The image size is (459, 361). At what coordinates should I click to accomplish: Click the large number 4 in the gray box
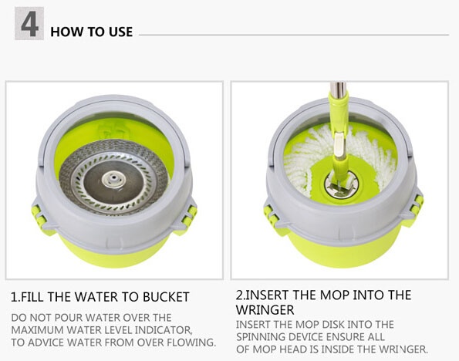coord(29,25)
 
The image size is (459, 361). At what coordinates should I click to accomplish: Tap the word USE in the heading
coord(120,32)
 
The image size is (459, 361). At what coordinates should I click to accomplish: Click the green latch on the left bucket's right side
coord(189,215)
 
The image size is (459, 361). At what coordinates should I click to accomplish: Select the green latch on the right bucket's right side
coord(417,204)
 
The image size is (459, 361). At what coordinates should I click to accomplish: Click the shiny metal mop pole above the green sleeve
coord(339,88)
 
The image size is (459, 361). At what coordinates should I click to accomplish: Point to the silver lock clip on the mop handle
coord(340,145)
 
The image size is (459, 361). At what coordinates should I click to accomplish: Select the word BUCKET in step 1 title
coord(166,297)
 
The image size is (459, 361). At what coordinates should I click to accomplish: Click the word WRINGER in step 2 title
coord(265,310)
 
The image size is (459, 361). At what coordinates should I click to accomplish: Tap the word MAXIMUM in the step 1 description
coord(37,330)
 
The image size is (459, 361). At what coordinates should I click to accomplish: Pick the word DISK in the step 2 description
coord(332,325)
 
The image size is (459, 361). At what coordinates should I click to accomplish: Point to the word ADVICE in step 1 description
coord(43,342)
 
